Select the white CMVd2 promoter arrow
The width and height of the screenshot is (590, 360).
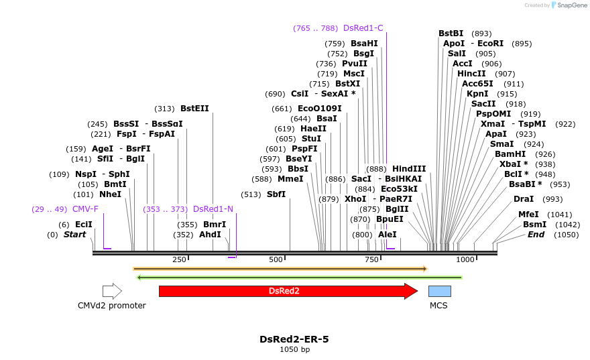(x=112, y=291)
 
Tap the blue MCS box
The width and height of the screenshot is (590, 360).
(x=439, y=291)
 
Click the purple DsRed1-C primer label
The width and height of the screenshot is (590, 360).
(x=363, y=28)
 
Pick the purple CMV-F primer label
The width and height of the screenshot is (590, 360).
(x=85, y=209)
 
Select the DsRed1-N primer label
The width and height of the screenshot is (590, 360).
(x=213, y=209)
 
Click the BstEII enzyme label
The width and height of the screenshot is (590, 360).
(x=194, y=109)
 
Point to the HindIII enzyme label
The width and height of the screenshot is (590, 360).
(x=409, y=169)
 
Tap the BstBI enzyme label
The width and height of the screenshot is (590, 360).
(x=451, y=34)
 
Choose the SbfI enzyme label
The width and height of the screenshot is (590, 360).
(x=276, y=194)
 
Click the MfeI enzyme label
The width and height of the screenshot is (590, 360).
(x=528, y=215)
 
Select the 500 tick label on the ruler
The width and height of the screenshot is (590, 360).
(x=276, y=259)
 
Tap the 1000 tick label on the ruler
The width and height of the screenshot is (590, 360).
(x=465, y=259)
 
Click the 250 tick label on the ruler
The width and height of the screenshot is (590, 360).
(x=179, y=259)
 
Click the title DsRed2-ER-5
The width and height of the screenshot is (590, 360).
(x=294, y=339)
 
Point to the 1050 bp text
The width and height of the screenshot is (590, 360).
(x=294, y=349)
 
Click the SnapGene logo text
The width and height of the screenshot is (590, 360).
(x=573, y=5)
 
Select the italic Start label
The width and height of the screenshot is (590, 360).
(x=74, y=235)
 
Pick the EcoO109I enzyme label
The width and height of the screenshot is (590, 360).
(x=319, y=109)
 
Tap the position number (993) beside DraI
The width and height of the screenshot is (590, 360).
(x=552, y=199)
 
